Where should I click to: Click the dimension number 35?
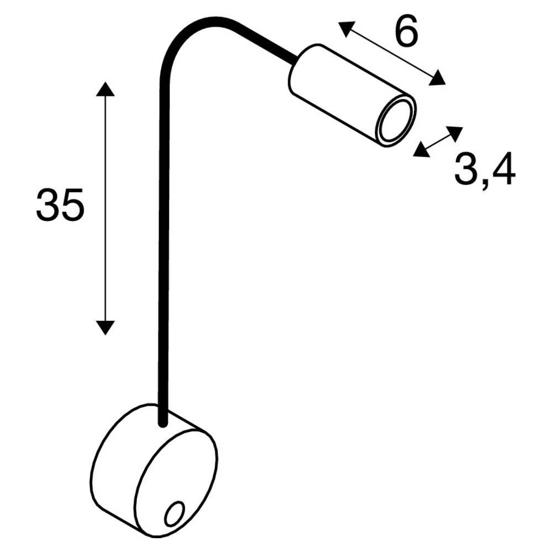click(x=60, y=204)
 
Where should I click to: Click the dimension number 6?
click(x=406, y=34)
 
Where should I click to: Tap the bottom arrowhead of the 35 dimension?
click(x=105, y=327)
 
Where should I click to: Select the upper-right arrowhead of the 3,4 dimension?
click(x=455, y=132)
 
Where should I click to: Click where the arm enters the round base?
click(x=162, y=422)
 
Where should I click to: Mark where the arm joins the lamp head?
click(x=295, y=58)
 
